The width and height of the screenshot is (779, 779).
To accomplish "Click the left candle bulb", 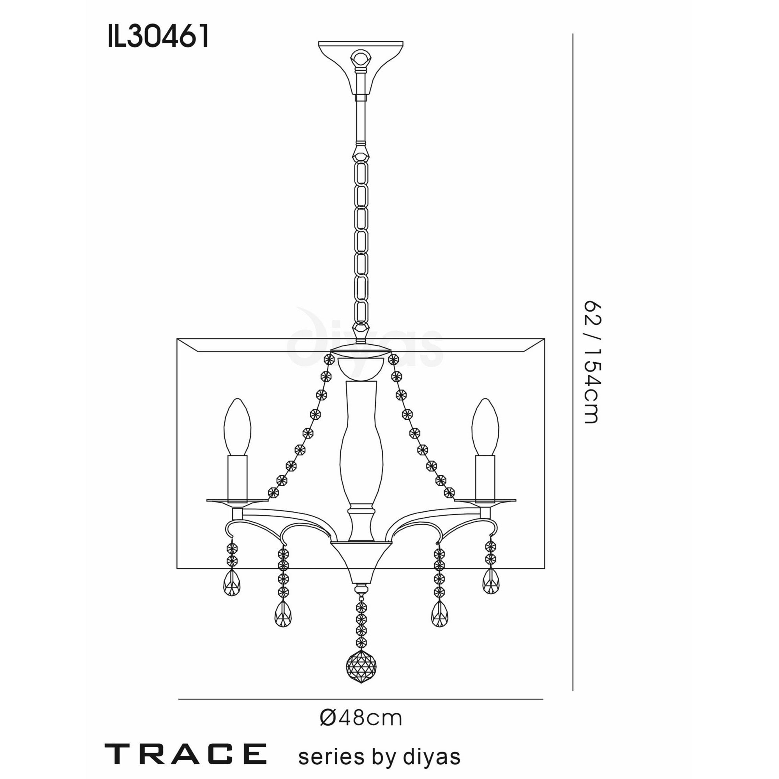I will click(238, 427).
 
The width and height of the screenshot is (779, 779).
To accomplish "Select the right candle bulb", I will click(485, 427).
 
